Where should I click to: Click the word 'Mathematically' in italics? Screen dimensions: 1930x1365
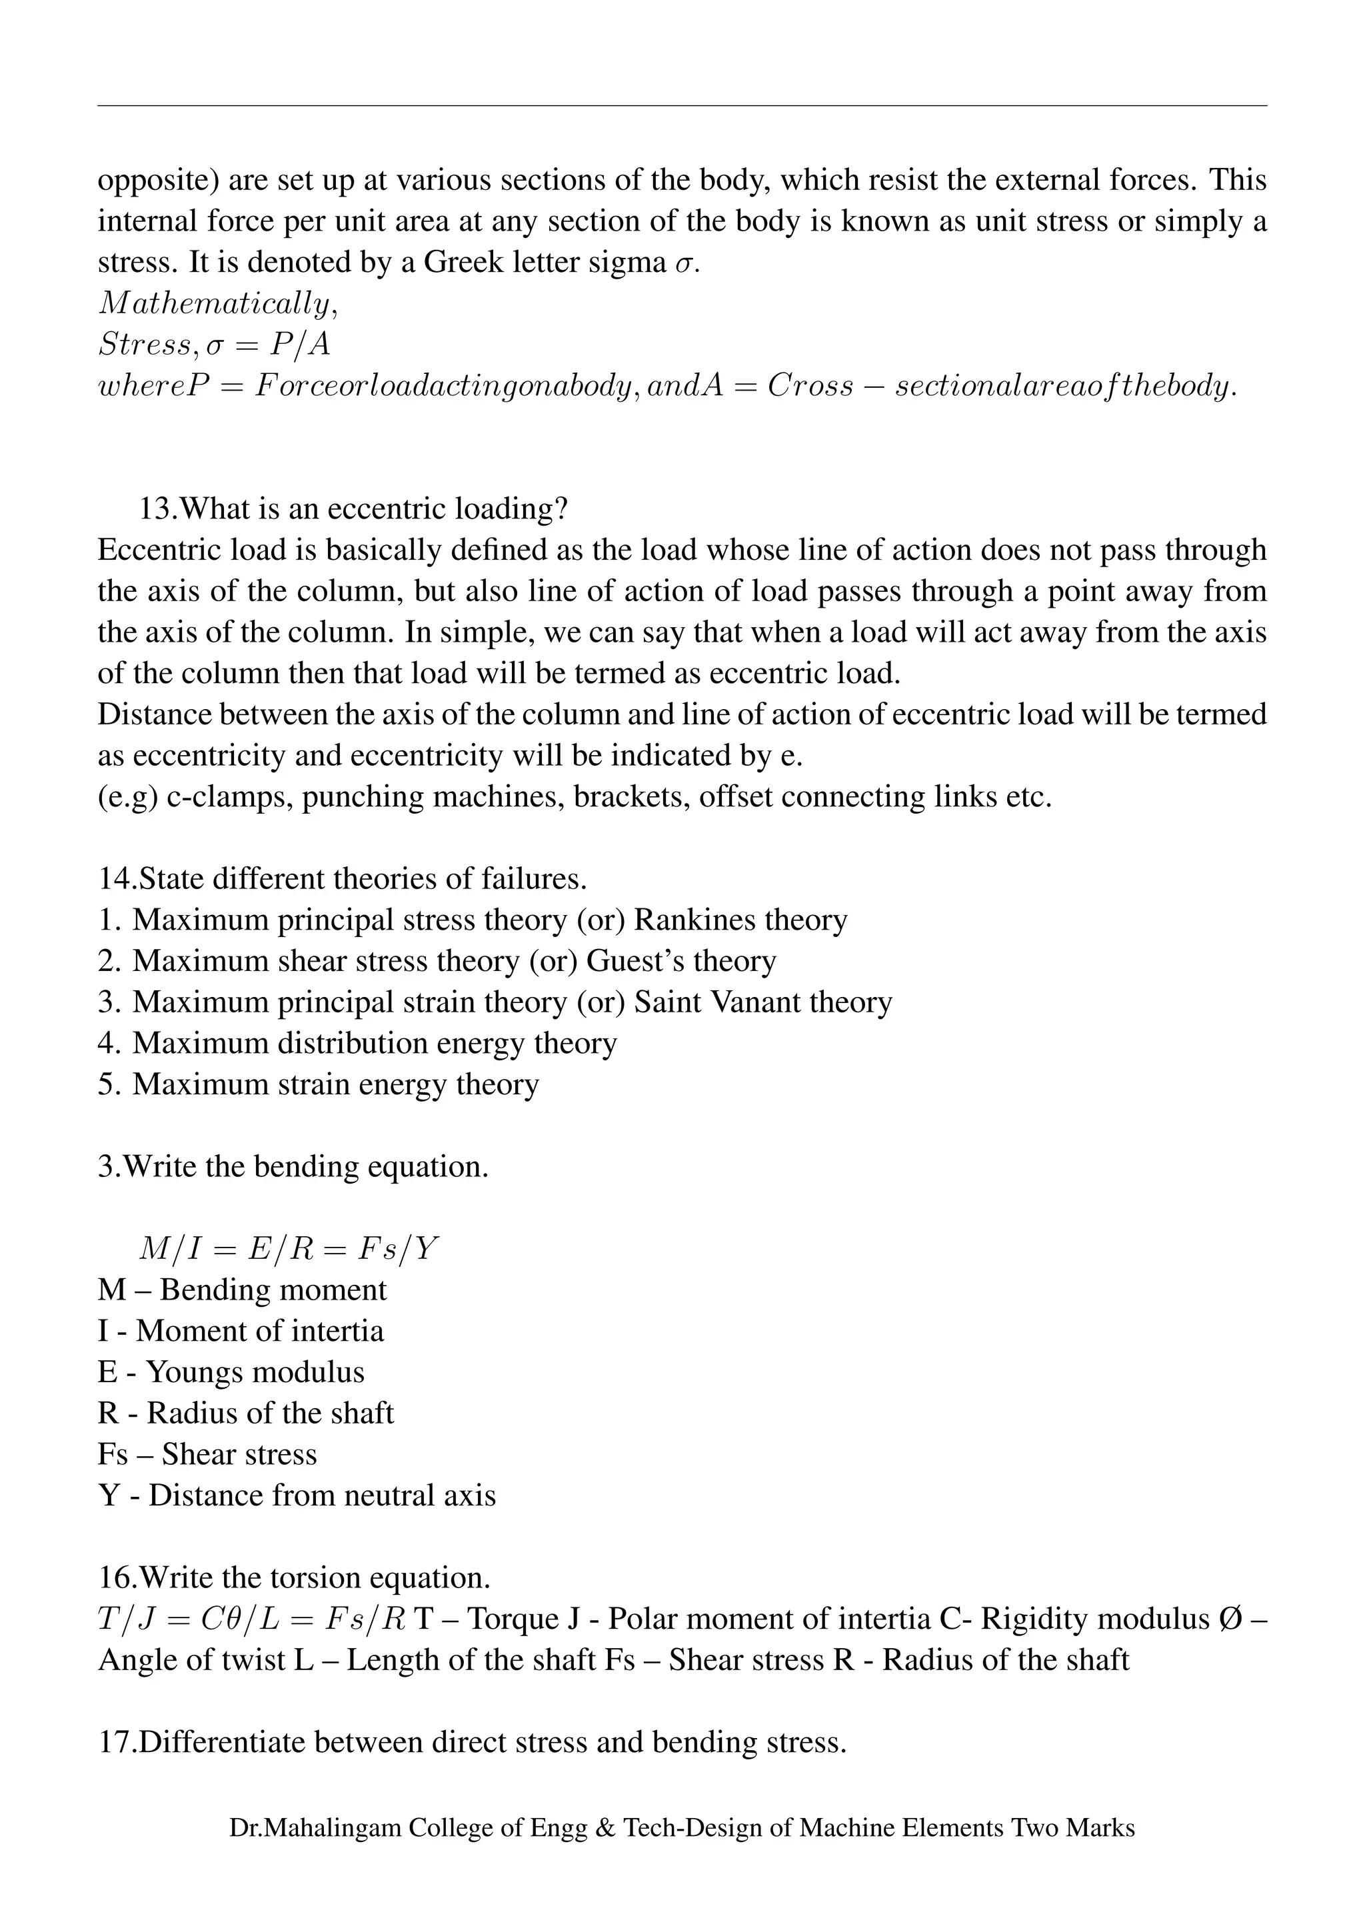coord(215,303)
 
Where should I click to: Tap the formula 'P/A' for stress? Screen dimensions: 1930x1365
coord(299,345)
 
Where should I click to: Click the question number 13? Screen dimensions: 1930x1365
coord(157,508)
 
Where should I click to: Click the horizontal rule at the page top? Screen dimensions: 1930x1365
coord(682,106)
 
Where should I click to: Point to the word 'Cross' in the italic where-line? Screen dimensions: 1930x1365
coord(809,386)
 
